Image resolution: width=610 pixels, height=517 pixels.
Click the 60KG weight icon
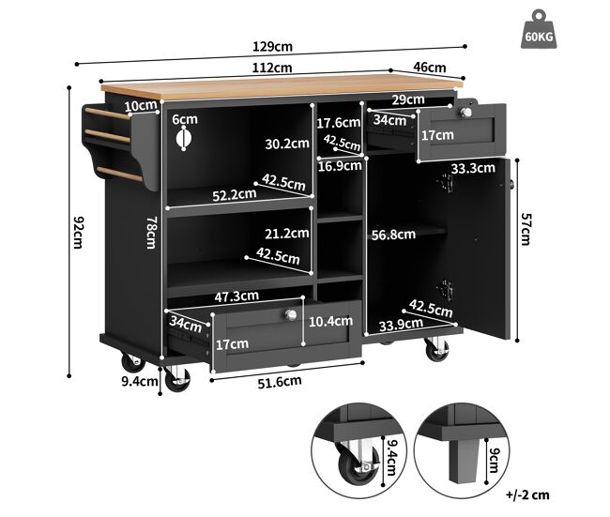click(539, 29)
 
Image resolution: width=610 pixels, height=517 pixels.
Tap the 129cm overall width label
click(272, 47)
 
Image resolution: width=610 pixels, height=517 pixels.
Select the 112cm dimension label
click(272, 68)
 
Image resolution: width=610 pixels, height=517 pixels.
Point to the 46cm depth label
click(430, 68)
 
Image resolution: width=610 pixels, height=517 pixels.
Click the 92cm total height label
click(78, 232)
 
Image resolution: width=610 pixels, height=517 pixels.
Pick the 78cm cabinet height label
click(151, 233)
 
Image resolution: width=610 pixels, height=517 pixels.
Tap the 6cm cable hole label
click(185, 119)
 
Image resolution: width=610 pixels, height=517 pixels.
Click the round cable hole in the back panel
click(183, 139)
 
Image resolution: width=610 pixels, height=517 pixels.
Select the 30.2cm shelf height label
click(287, 144)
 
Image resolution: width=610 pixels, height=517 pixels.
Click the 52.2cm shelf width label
click(235, 194)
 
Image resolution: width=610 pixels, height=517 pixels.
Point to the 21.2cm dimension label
click(287, 234)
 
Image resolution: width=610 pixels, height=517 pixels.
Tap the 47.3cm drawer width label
click(236, 297)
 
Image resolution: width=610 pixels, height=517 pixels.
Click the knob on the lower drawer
click(291, 314)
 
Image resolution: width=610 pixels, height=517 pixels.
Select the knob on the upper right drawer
click(465, 113)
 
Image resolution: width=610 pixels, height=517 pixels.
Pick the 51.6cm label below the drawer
click(280, 382)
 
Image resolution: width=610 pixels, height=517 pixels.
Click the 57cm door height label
click(526, 229)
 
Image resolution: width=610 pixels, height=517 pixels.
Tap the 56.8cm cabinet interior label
click(393, 235)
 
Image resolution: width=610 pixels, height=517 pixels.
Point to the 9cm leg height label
click(494, 460)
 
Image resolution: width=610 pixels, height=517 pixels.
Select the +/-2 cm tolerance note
click(527, 494)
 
